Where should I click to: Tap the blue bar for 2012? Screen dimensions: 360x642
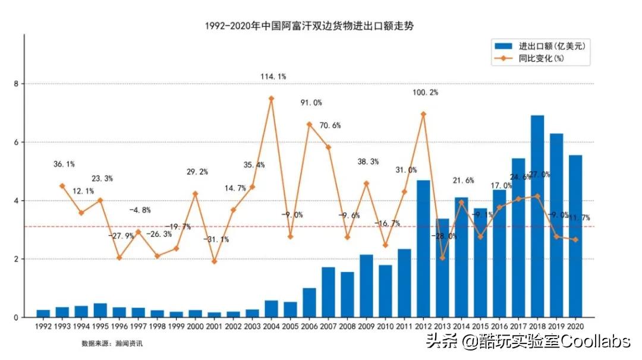tap(423, 249)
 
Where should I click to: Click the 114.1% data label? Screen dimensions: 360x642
tap(273, 77)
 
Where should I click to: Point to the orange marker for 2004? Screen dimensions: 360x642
tap(271, 99)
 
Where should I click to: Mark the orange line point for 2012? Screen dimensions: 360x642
tap(423, 114)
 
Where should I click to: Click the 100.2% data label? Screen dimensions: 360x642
tap(425, 93)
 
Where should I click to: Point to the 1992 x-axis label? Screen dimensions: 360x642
tap(43, 326)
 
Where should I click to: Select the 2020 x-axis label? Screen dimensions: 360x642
tap(575, 326)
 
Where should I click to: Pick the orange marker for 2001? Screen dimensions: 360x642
tap(214, 261)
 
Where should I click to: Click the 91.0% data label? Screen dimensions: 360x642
tap(311, 103)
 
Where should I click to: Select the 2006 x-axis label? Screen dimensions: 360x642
tap(309, 326)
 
